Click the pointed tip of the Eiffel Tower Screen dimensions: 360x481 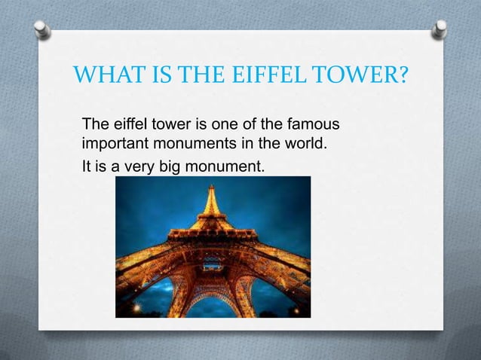click(x=213, y=188)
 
